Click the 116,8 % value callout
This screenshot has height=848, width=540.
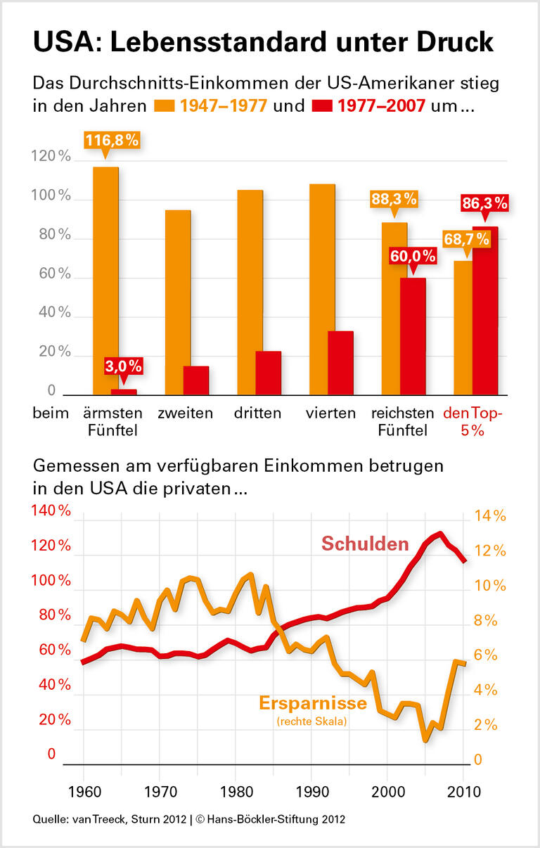click(x=111, y=141)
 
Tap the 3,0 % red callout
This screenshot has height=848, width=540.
click(x=124, y=366)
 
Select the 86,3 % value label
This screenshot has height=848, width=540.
click(x=484, y=204)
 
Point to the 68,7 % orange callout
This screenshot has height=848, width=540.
click(x=465, y=240)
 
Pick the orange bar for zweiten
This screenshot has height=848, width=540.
click(x=178, y=302)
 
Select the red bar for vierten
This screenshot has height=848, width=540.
click(x=340, y=363)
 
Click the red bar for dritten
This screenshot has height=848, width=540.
click(x=268, y=373)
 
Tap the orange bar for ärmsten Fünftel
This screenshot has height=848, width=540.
click(x=105, y=281)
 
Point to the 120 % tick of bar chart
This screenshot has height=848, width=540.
click(x=51, y=158)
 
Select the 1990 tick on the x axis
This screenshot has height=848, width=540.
click(x=311, y=792)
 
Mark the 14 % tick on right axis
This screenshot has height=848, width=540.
click(x=489, y=516)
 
